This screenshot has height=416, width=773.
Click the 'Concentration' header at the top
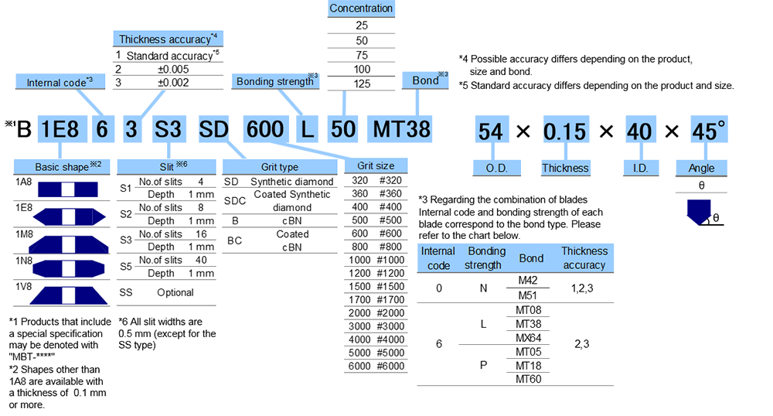tap(361, 9)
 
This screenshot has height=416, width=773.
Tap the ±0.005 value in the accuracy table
tap(168, 69)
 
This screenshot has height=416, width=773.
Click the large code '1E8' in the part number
tap(60, 128)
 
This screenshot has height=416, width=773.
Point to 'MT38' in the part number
tap(401, 128)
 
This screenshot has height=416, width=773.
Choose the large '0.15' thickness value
tap(564, 131)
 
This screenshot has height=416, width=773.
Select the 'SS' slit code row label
tap(126, 293)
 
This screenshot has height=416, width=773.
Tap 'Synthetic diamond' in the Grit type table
tap(292, 182)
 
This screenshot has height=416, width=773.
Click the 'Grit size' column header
tap(376, 165)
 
